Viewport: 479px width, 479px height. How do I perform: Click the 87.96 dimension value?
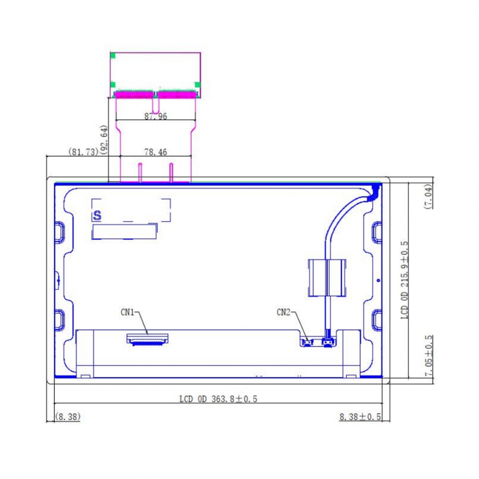coord(156,116)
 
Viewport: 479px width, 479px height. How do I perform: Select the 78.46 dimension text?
coord(156,152)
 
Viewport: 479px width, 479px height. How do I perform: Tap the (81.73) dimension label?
coord(83,152)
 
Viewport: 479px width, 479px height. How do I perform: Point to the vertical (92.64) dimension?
coord(104,140)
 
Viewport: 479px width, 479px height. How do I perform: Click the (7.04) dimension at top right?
coord(428,196)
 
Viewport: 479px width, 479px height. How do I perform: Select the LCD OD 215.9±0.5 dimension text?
coord(404,280)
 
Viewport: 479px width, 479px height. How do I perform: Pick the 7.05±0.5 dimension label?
coord(429,356)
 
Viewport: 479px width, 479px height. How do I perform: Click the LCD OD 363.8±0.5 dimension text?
coord(218,399)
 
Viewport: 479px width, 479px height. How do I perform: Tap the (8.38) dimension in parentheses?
coord(68,417)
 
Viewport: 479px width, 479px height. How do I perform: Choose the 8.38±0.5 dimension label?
coord(360,417)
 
